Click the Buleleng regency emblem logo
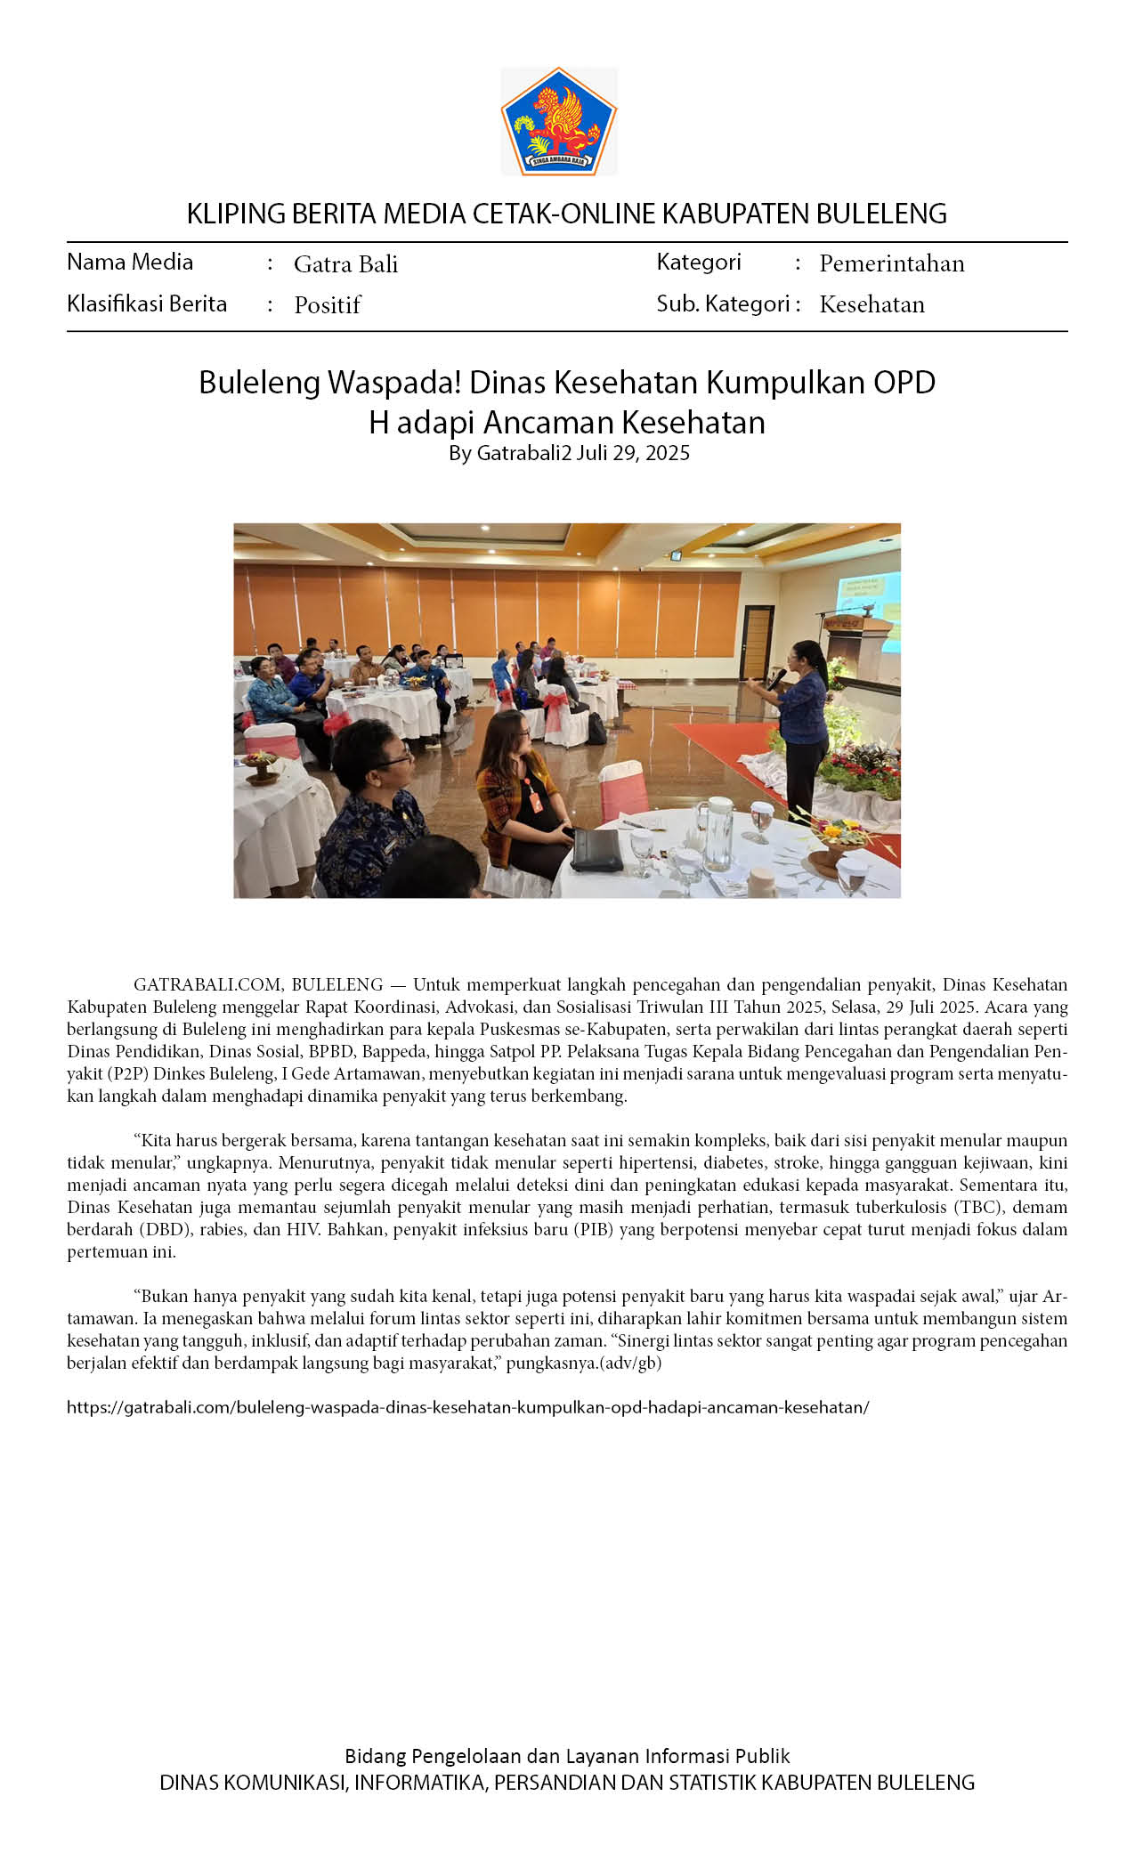[x=559, y=121]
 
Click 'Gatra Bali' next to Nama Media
[x=345, y=264]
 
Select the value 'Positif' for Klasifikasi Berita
[x=328, y=305]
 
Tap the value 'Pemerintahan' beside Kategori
[x=891, y=263]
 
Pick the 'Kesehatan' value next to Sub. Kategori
[x=872, y=304]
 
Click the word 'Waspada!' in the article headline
[x=394, y=382]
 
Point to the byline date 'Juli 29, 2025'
[x=633, y=453]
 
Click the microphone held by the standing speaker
[x=777, y=678]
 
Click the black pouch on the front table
[x=596, y=851]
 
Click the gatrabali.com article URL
[x=467, y=1407]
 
